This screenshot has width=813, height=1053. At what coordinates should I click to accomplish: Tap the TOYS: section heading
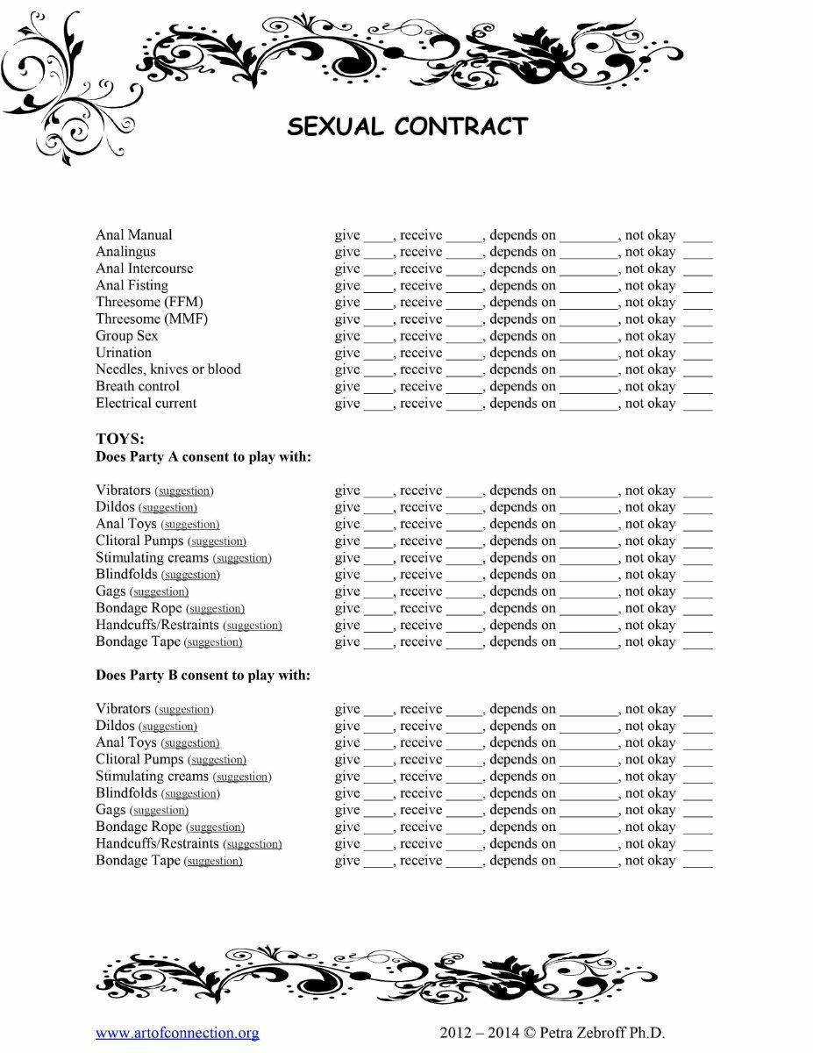(x=120, y=440)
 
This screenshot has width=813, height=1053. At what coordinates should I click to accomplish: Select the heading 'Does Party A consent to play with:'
(x=203, y=456)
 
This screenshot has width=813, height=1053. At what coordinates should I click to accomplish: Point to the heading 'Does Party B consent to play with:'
(x=203, y=676)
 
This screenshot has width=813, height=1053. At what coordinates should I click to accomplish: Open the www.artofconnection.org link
(x=177, y=1033)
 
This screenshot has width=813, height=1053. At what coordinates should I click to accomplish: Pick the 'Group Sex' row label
(x=127, y=336)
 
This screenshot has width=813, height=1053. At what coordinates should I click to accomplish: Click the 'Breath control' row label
(x=138, y=386)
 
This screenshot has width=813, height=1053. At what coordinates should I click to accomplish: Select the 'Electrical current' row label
(x=146, y=404)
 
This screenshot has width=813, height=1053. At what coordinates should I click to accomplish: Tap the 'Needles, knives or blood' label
(x=168, y=369)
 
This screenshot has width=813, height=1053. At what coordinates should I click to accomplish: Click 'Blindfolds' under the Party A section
(x=126, y=575)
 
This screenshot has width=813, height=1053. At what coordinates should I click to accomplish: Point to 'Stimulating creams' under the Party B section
(x=153, y=777)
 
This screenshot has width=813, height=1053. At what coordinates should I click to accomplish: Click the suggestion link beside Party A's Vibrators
(x=184, y=491)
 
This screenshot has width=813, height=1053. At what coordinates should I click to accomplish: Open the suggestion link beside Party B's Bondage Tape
(x=213, y=862)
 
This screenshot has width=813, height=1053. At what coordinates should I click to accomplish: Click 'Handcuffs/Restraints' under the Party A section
(x=157, y=626)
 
